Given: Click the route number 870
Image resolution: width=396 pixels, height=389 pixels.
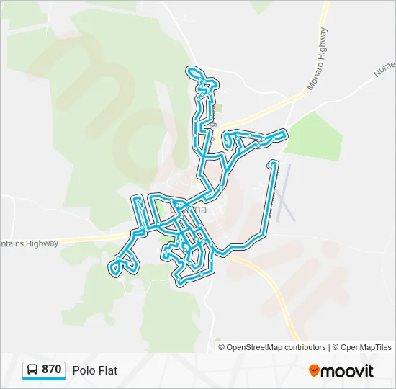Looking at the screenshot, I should (x=51, y=370).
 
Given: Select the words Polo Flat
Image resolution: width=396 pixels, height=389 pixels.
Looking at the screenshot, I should (x=94, y=370).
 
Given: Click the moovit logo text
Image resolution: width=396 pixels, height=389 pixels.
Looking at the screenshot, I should (x=347, y=371).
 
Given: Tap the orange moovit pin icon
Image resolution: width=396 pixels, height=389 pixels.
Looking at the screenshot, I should (x=314, y=370).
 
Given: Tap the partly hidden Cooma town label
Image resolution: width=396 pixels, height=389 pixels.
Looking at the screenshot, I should (x=193, y=210).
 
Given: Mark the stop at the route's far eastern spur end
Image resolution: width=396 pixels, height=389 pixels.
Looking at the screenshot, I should (x=271, y=165).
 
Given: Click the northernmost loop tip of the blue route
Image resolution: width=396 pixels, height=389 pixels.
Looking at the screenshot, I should (x=193, y=71).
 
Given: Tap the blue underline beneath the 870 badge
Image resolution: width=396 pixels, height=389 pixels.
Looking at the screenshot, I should (x=44, y=380).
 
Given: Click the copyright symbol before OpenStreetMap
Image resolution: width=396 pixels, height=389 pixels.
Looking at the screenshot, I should (x=222, y=347).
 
